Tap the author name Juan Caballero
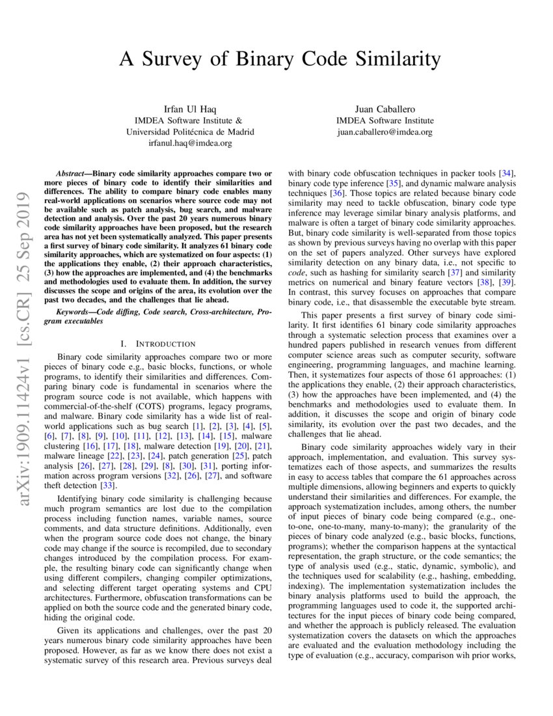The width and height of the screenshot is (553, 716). point(384,108)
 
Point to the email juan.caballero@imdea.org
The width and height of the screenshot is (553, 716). point(384,131)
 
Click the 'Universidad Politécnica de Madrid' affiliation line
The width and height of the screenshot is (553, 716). point(190,131)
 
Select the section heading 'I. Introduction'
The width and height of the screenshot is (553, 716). point(158,344)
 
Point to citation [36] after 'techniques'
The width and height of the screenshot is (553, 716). point(340,193)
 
